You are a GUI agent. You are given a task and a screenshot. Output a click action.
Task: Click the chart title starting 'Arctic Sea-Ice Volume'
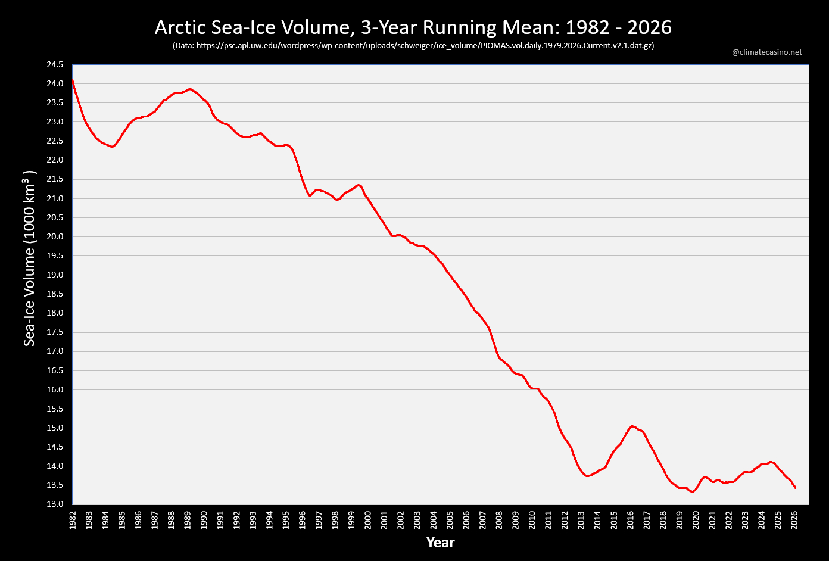point(413,27)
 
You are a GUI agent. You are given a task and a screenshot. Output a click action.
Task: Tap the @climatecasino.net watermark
point(766,52)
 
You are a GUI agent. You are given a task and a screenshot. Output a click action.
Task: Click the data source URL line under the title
point(413,45)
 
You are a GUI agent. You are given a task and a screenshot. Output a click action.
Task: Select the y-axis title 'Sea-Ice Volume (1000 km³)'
point(30,258)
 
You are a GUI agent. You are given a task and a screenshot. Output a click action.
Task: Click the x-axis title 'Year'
point(440,543)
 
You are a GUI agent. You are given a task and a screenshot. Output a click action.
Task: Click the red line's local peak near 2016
point(632,426)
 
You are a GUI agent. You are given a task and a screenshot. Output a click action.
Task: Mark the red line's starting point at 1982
point(73,80)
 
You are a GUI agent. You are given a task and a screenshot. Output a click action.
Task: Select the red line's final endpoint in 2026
point(795,488)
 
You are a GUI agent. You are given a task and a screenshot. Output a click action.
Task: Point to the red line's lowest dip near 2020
point(692,491)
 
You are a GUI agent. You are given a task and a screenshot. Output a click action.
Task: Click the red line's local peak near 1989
point(190,89)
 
